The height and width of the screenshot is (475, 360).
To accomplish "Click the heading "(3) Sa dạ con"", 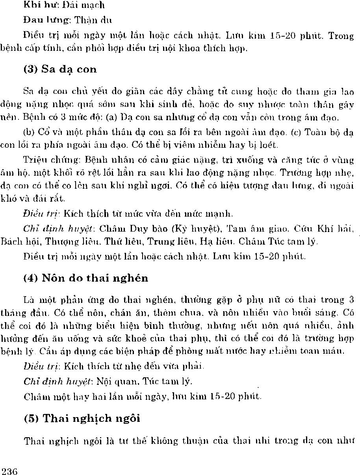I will tap(60, 69).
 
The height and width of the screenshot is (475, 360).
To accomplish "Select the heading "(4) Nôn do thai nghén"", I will tap(85, 278).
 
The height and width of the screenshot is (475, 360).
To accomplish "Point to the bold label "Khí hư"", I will tap(35, 5).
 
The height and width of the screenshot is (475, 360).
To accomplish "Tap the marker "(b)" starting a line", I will tap(29, 133).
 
